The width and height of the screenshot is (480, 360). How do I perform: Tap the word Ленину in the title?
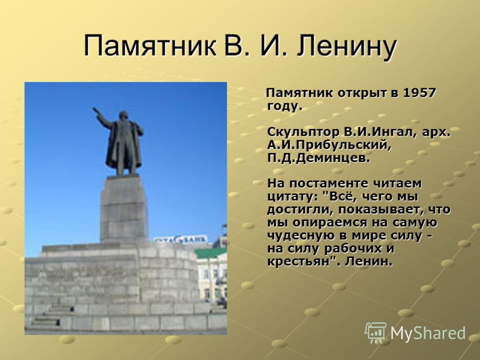click(x=347, y=47)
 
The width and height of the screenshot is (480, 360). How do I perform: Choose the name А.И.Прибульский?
click(x=329, y=145)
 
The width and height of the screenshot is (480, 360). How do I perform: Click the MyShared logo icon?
click(x=376, y=332)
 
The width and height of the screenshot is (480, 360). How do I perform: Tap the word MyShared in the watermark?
click(x=428, y=333)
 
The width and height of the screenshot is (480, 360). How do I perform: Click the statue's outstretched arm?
click(x=103, y=116)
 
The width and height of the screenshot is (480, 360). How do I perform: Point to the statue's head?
click(x=123, y=116)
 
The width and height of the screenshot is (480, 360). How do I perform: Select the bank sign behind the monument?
click(x=181, y=239)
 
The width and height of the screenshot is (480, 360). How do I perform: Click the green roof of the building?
click(x=211, y=253)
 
